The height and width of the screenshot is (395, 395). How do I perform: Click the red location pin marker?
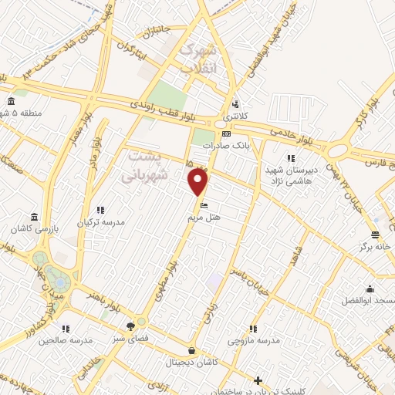[198, 182]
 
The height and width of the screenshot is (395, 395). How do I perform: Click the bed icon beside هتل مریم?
[204, 205]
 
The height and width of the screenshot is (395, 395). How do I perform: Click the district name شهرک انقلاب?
[199, 59]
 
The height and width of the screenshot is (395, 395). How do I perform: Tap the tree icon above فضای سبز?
[140, 324]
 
